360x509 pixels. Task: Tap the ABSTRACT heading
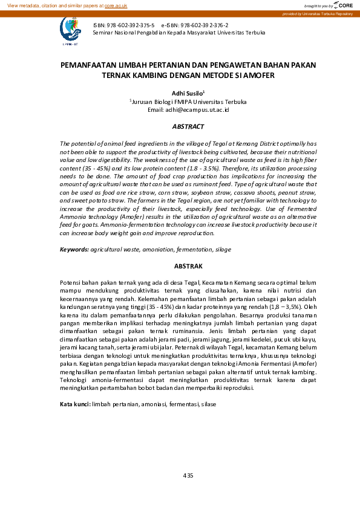(x=188, y=126)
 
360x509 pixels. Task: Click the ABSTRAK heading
(x=188, y=266)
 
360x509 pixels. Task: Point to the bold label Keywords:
(x=74, y=249)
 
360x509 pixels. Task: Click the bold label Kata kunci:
(x=75, y=404)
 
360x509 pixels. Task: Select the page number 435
(x=188, y=476)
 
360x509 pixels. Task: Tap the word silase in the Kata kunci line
(x=208, y=404)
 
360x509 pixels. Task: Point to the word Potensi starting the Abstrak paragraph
(x=71, y=282)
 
